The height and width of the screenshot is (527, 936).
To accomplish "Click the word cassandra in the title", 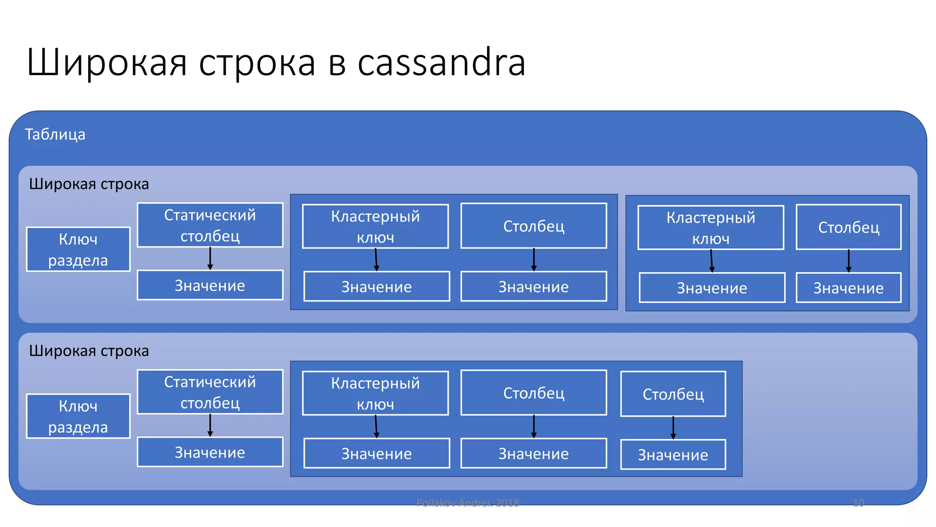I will pyautogui.click(x=441, y=63).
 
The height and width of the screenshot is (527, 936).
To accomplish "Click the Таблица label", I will pyautogui.click(x=55, y=134).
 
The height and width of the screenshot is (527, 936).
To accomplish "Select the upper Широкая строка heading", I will pyautogui.click(x=89, y=184).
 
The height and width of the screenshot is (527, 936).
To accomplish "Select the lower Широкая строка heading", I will pyautogui.click(x=89, y=351).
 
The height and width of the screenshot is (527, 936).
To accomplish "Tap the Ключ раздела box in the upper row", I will pyautogui.click(x=78, y=249).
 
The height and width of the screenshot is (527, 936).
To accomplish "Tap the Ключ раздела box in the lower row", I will pyautogui.click(x=78, y=416).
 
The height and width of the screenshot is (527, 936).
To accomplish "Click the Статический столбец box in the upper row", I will pyautogui.click(x=210, y=225).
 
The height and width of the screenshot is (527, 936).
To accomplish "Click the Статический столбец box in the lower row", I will pyautogui.click(x=210, y=392).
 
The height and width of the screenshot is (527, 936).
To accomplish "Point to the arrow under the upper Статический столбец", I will pyautogui.click(x=210, y=259).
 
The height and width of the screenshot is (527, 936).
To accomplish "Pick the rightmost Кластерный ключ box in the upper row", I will pyautogui.click(x=711, y=227).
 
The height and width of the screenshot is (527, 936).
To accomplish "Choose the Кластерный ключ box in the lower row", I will pyautogui.click(x=375, y=393).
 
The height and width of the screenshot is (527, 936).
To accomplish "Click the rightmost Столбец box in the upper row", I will pyautogui.click(x=848, y=227).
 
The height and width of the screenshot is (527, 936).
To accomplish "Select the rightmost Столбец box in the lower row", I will pyautogui.click(x=673, y=394).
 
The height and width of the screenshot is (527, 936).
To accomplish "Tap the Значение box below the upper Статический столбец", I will pyautogui.click(x=210, y=285).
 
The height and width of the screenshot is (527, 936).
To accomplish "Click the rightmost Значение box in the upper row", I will pyautogui.click(x=848, y=288).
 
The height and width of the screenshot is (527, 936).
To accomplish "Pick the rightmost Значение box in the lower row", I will pyautogui.click(x=673, y=455).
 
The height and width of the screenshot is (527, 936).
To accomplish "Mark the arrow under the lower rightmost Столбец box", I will pyautogui.click(x=673, y=428).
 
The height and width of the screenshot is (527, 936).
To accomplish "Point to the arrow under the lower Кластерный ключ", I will pyautogui.click(x=376, y=426).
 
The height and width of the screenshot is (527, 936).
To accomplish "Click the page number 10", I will pyautogui.click(x=858, y=503).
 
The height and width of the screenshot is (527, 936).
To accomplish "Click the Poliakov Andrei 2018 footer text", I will pyautogui.click(x=468, y=503).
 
